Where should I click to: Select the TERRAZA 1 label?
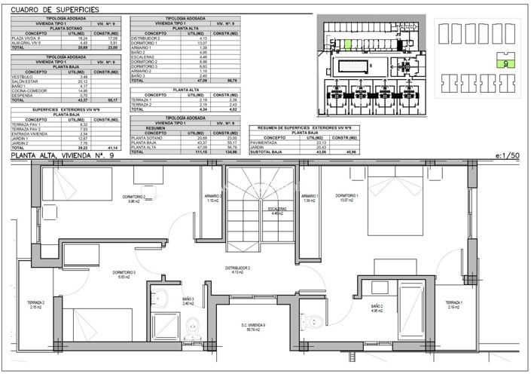454,304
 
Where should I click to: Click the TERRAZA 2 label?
37,305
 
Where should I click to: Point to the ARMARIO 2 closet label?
212,198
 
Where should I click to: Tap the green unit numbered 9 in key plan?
503,65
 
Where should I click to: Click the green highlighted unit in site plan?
349,42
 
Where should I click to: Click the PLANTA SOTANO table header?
67,28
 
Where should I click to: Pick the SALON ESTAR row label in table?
23,81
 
